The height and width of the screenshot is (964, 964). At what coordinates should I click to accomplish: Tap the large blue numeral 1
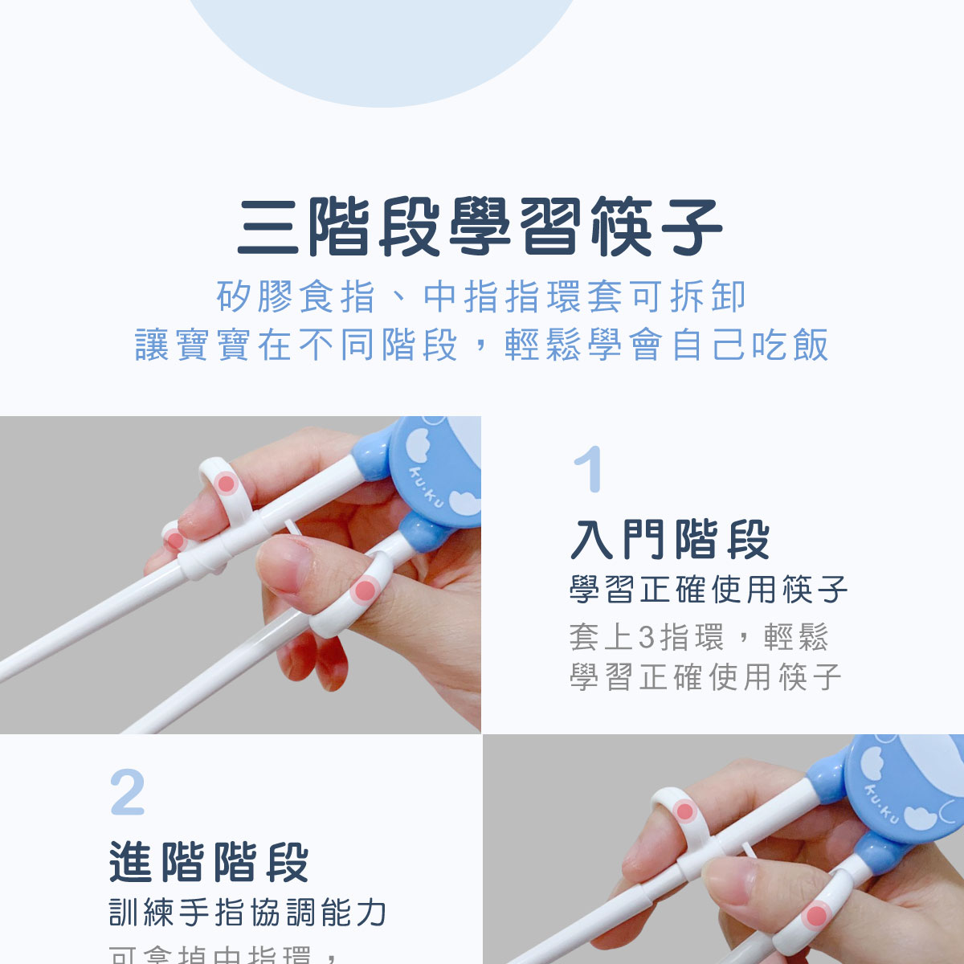coord(588,469)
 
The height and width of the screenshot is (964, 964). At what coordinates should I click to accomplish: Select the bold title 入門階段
coord(670,539)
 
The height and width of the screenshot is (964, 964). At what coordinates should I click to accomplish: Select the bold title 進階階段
coord(210,862)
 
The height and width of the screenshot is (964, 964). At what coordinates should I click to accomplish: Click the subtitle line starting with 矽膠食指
coord(481,296)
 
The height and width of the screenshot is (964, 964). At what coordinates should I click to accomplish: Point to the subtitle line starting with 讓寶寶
coord(481,345)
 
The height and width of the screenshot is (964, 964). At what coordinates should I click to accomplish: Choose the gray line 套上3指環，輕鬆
coord(698,637)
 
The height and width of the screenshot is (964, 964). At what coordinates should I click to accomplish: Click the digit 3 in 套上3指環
coord(647,638)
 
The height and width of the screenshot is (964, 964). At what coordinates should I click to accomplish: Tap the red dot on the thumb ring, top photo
coord(365,591)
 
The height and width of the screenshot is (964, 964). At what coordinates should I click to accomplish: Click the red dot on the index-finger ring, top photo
coord(227,484)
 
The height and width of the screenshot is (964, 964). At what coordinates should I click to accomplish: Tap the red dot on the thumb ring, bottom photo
coord(816,915)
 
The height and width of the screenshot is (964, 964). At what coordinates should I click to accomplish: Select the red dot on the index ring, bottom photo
coord(685,811)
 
